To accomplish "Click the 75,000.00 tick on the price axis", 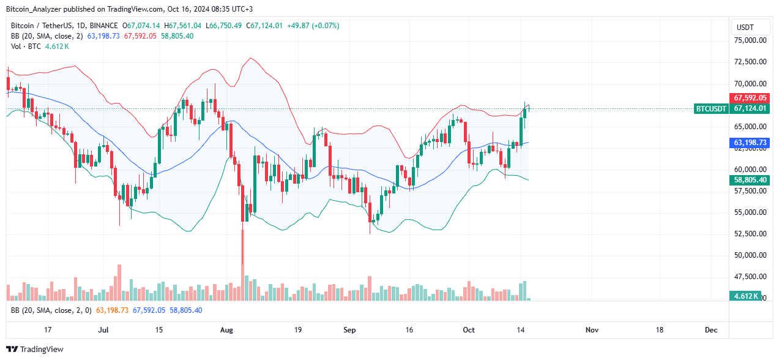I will tap(750, 40).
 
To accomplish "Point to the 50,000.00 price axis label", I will tap(750, 255).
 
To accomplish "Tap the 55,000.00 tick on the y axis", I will tap(750, 212).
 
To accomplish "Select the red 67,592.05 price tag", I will tap(750, 98).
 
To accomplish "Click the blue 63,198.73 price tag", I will tap(750, 143).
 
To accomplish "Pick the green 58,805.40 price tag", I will tap(750, 180).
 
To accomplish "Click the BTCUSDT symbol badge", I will tap(711, 108).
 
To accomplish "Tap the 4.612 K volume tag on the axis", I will tap(747, 296).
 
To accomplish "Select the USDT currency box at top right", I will tap(745, 28).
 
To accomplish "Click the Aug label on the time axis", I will tap(226, 330).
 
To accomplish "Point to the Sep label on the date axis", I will tap(349, 330).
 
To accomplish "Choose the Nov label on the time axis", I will tap(591, 330).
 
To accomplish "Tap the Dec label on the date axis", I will tap(710, 330).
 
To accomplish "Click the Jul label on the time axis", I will tap(103, 330).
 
